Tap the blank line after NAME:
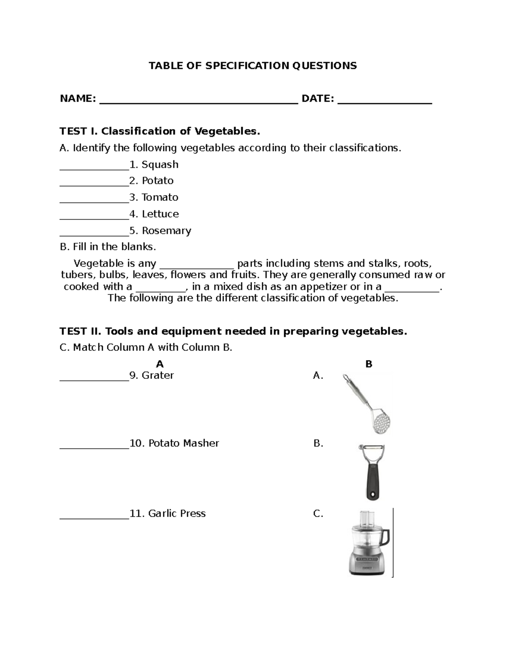(199, 101)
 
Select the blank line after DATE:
(385, 101)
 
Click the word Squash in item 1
(160, 164)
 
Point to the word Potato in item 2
(158, 181)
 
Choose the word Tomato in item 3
(160, 197)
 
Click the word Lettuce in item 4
(160, 214)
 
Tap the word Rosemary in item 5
(167, 231)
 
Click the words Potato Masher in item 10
(183, 443)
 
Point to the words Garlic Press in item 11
(177, 514)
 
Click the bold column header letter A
(159, 364)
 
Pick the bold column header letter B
(369, 364)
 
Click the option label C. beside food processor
(318, 514)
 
